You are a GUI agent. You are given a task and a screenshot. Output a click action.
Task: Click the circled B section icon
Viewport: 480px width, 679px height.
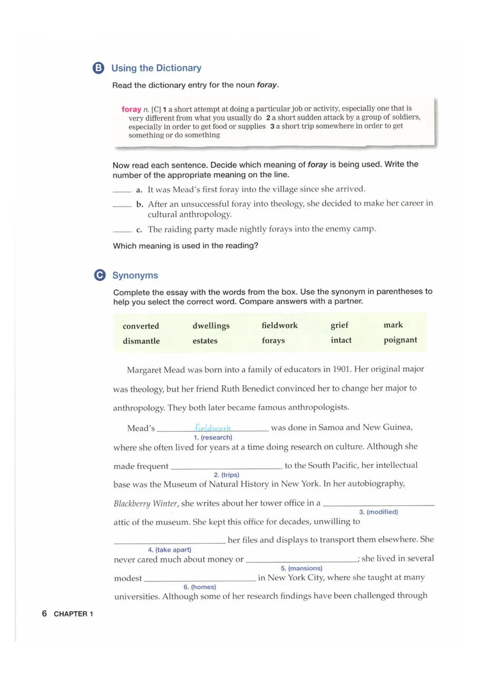pos(98,68)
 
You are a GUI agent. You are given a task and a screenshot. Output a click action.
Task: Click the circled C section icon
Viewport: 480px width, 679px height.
pos(100,275)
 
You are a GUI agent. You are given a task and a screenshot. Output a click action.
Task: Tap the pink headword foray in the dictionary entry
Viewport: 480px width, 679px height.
pos(131,109)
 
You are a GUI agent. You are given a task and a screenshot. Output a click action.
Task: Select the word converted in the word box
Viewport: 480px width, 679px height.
pos(141,326)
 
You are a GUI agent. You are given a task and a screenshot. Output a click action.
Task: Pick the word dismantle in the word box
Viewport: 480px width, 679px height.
pos(141,341)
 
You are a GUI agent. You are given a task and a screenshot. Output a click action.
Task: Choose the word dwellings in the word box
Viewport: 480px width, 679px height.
pos(211,325)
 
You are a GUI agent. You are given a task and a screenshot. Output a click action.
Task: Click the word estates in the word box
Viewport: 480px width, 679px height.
pos(205,341)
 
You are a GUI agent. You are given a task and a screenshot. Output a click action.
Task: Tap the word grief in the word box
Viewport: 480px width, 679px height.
pos(339,325)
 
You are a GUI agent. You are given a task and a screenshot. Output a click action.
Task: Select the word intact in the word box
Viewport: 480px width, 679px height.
pos(341,340)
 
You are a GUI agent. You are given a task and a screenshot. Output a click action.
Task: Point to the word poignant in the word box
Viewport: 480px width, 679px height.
pos(400,340)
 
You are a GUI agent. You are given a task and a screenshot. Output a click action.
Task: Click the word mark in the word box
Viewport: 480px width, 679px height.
pos(393,325)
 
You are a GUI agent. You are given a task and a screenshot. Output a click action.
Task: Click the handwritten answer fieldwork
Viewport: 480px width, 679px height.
pos(213,428)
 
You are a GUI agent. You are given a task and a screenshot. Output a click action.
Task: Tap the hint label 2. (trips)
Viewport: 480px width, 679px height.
pos(226,475)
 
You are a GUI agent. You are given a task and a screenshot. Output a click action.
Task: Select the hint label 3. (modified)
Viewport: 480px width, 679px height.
pos(378,512)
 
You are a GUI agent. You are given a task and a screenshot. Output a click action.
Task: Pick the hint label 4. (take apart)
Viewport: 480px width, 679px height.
pos(169,550)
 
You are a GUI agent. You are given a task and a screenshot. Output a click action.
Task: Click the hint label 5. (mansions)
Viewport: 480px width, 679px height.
pos(301,568)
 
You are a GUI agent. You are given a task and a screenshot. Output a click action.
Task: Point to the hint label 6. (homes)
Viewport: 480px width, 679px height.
pos(200,587)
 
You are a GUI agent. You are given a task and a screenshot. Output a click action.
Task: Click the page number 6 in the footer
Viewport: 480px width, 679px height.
pos(44,613)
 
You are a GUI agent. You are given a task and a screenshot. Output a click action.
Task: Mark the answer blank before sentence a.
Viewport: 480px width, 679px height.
pos(122,191)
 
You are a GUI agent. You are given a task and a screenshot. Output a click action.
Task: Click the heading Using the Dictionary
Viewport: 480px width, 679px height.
pos(156,68)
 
